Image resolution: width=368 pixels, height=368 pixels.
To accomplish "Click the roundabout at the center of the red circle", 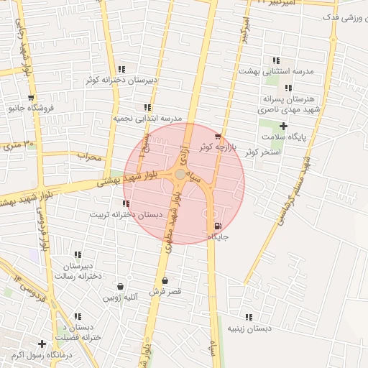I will pyautogui.click(x=180, y=175).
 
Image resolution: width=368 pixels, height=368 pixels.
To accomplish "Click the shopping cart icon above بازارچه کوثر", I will pyautogui.click(x=218, y=136).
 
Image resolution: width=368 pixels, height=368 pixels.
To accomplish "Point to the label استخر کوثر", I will pyautogui.click(x=262, y=152).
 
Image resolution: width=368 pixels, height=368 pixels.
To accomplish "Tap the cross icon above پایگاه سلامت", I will pyautogui.click(x=283, y=126).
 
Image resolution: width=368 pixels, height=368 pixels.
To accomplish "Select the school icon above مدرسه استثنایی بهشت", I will pyautogui.click(x=275, y=61).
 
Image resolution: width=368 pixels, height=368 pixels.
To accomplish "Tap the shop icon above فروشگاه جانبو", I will pyautogui.click(x=30, y=98).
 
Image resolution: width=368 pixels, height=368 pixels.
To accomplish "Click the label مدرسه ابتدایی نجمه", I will pyautogui.click(x=148, y=118).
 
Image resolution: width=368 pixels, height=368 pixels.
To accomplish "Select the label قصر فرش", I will pyautogui.click(x=165, y=292).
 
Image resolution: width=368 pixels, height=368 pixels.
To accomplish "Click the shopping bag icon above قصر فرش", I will pyautogui.click(x=166, y=281).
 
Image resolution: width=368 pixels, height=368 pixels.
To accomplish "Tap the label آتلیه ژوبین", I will pyautogui.click(x=119, y=296).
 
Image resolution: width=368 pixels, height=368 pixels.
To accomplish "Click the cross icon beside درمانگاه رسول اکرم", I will pyautogui.click(x=42, y=344).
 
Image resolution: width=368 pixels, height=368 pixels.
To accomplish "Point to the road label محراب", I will pyautogui.click(x=91, y=156).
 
